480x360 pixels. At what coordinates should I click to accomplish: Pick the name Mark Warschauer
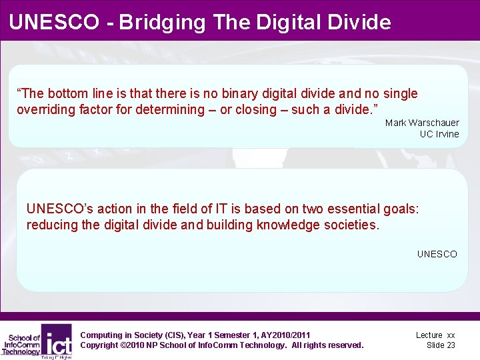[422, 123]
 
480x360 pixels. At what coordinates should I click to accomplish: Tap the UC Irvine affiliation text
[439, 134]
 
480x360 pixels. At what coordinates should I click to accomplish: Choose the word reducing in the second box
[52, 225]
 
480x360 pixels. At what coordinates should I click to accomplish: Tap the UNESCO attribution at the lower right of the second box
[437, 254]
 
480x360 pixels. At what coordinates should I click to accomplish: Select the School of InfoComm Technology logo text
[21, 345]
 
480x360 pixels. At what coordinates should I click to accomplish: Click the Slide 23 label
[441, 345]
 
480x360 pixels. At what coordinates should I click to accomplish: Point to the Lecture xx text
[435, 335]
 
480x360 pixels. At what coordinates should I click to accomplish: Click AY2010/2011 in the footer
[283, 335]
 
